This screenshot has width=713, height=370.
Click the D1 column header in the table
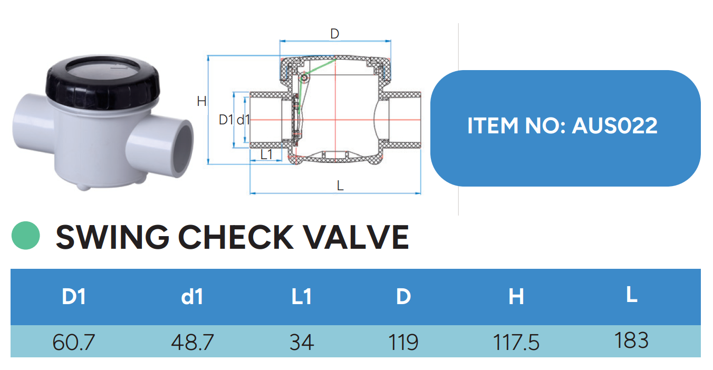coord(74,297)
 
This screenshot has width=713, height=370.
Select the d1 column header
coord(192,297)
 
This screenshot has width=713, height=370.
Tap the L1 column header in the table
coord(302,297)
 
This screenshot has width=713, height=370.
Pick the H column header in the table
coord(516,297)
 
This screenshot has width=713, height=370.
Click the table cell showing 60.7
coord(74,342)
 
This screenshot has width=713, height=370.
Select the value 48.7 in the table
coord(192,342)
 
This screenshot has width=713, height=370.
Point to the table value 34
coord(302,342)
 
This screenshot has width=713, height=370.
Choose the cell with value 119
coord(403,342)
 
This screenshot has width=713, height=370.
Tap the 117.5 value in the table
coord(516,342)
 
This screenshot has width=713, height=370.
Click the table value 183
coord(631,340)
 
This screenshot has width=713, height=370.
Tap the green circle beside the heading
coord(25,236)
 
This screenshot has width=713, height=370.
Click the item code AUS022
coord(614,125)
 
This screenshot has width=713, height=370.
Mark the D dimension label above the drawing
coord(334,33)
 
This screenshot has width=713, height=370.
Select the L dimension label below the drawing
coord(340,186)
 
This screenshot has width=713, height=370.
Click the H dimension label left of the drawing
coord(201,101)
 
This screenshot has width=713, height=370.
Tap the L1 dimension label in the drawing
coord(267,154)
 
